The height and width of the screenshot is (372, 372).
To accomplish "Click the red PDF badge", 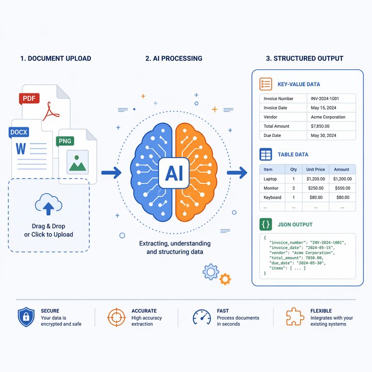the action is (x=29, y=99).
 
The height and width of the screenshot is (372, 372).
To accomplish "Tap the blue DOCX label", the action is (x=19, y=132).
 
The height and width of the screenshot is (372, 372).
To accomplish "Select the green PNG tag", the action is (x=65, y=141).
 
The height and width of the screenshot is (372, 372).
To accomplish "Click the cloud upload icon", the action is (x=49, y=204).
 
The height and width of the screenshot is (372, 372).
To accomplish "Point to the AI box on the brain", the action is (x=174, y=173).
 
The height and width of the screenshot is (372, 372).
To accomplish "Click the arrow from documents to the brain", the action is (x=111, y=173).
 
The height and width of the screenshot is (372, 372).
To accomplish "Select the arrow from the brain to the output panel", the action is (x=237, y=173).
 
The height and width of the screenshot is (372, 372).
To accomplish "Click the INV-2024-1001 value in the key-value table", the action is (x=325, y=99).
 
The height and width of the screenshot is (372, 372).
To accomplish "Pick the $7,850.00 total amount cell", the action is (x=320, y=126).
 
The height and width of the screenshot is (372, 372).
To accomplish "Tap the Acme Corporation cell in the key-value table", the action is (x=328, y=117).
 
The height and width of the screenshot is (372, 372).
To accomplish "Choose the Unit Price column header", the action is (x=316, y=169).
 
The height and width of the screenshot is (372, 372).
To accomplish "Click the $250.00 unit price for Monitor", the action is (x=316, y=188).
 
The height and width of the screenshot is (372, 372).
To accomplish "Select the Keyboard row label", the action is (x=272, y=197).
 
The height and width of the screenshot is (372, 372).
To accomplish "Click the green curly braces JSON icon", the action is (x=266, y=224).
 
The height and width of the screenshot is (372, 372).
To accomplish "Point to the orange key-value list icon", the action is (x=266, y=84).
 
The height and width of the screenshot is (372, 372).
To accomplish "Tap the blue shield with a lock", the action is (x=26, y=317).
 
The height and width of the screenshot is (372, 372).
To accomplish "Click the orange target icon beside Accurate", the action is (x=116, y=317).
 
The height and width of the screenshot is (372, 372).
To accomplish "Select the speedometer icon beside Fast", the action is (x=202, y=317).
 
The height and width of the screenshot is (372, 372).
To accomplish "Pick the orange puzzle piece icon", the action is (x=295, y=317).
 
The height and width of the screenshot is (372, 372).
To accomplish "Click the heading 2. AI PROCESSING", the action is (x=174, y=58).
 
